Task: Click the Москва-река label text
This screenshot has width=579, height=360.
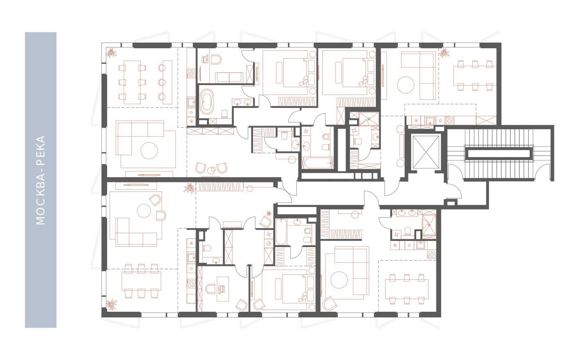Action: coord(41,180)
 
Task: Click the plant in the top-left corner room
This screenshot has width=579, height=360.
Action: coord(112,53)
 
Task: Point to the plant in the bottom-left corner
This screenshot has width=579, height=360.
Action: coord(112,304)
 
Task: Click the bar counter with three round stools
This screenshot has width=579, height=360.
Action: coord(165,82)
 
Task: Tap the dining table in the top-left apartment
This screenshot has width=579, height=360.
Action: coord(132,82)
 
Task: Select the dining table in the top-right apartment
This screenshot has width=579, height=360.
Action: coord(475,76)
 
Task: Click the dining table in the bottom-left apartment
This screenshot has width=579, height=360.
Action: coord(141,281)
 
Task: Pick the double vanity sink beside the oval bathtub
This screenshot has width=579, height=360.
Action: coord(242,102)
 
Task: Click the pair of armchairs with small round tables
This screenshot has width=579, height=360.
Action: coord(211,169)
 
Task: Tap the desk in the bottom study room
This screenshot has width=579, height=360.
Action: coord(222,289)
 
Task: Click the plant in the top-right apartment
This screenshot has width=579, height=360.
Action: coord(444,53)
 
